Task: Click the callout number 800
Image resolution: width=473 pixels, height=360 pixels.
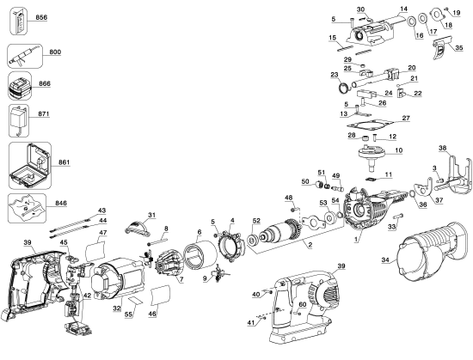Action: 55,52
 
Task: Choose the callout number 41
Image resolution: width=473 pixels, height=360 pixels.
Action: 251,321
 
